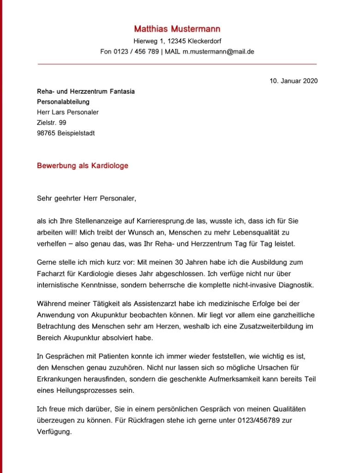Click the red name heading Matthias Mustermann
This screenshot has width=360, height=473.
[178, 29]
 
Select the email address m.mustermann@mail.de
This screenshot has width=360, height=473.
[218, 52]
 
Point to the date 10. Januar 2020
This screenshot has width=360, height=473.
[294, 81]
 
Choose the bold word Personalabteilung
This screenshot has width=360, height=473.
[63, 102]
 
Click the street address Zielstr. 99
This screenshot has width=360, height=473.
[52, 123]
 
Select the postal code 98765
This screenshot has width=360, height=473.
[46, 133]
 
